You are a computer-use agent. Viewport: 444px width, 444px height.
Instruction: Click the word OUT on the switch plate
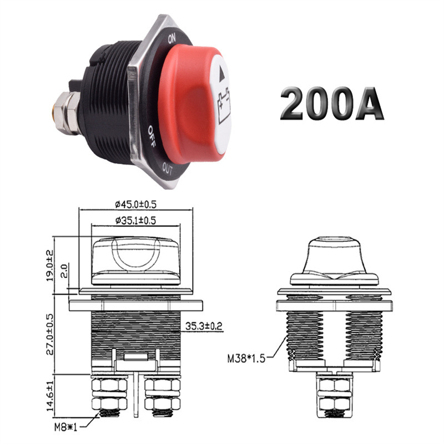[x=169, y=167]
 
